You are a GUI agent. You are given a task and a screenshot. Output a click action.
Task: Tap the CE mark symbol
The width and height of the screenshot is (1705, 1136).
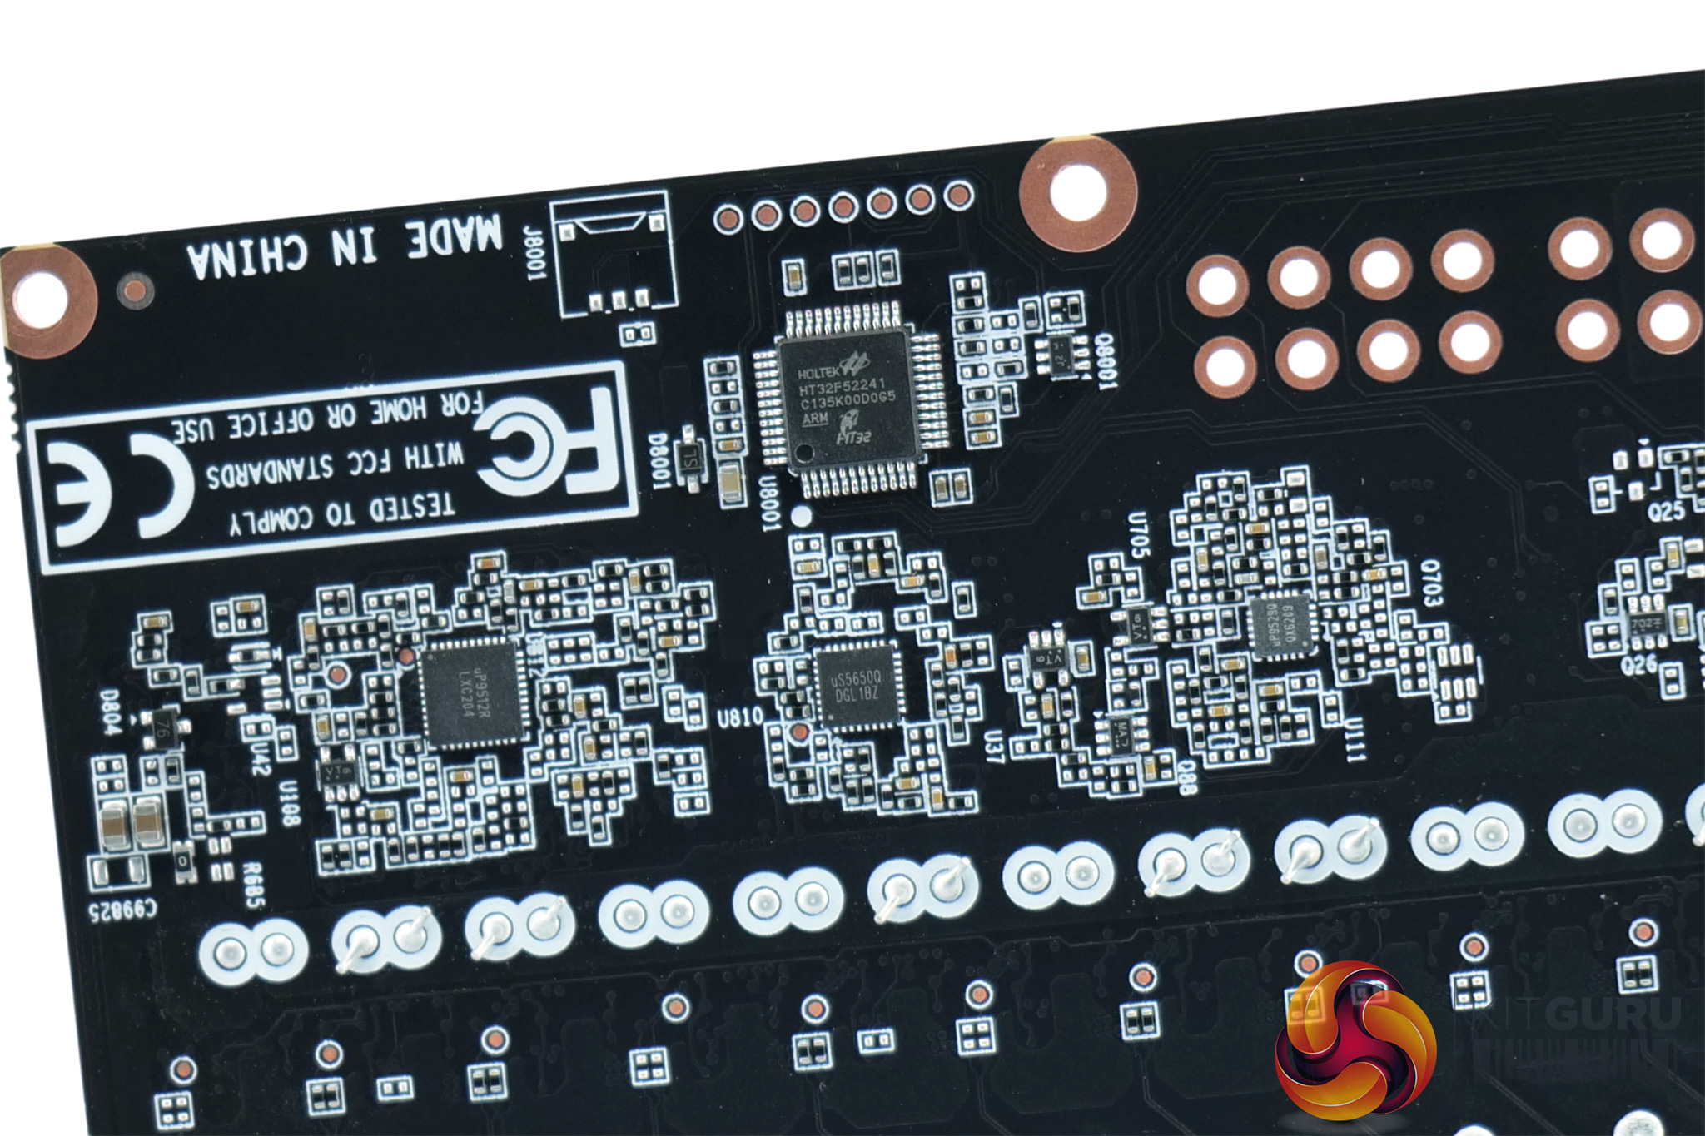pos(117,492)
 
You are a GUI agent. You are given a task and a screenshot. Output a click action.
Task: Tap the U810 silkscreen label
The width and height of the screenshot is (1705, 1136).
pos(739,717)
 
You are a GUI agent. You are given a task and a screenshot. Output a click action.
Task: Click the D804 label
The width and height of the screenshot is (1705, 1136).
pos(111,712)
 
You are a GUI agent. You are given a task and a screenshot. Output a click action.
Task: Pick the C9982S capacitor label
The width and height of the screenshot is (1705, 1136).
pos(122,910)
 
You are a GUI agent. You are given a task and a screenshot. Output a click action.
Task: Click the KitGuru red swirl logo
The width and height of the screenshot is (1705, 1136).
pos(1355,1044)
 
